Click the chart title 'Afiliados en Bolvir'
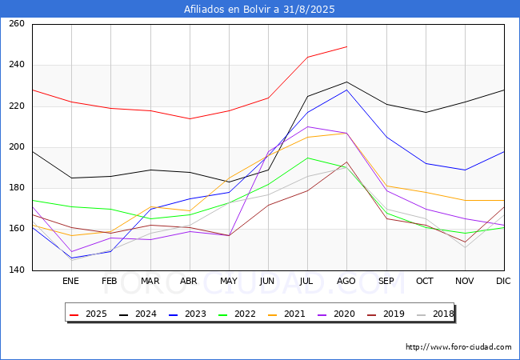[259, 10]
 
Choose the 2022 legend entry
[244, 314]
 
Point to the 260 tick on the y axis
[17, 24]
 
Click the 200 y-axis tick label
[17, 147]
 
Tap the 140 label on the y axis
[17, 270]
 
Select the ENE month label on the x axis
[71, 282]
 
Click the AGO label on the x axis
[346, 282]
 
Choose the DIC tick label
[503, 282]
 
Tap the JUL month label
[307, 282]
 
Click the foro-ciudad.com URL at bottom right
[458, 347]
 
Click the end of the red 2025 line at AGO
[346, 46]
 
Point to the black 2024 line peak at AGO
[346, 82]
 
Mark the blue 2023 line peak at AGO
[346, 90]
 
